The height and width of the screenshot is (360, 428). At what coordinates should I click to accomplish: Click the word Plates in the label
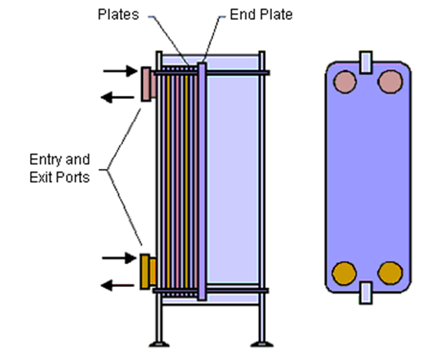click(x=118, y=15)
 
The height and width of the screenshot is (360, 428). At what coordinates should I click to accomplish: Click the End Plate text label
click(x=261, y=15)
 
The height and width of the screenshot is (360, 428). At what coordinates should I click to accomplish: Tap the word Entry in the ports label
click(x=45, y=160)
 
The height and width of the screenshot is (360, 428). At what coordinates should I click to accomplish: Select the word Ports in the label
click(x=73, y=177)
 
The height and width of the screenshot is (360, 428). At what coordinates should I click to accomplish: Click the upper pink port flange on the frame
click(x=148, y=84)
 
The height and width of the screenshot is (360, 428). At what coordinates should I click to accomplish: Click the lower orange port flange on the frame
click(x=148, y=272)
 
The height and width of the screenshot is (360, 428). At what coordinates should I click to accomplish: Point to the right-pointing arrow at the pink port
click(x=121, y=71)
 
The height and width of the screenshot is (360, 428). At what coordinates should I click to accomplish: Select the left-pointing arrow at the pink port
click(x=118, y=97)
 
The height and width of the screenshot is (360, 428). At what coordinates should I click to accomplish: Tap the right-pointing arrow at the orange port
click(x=119, y=258)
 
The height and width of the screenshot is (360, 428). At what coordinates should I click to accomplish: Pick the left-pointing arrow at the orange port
click(x=118, y=286)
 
